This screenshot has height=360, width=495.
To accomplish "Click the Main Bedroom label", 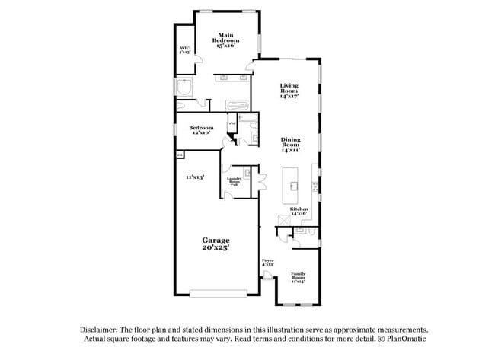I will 225,40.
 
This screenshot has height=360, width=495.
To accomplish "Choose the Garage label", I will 216,244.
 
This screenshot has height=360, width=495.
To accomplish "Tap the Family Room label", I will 298,278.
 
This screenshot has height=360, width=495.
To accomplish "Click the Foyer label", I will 267,263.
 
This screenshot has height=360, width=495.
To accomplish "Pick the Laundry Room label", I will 234,181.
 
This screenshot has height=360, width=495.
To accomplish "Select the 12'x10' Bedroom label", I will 201,129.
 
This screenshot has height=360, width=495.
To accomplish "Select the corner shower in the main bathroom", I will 184,90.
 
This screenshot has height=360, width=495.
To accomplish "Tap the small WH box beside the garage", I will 180,155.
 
